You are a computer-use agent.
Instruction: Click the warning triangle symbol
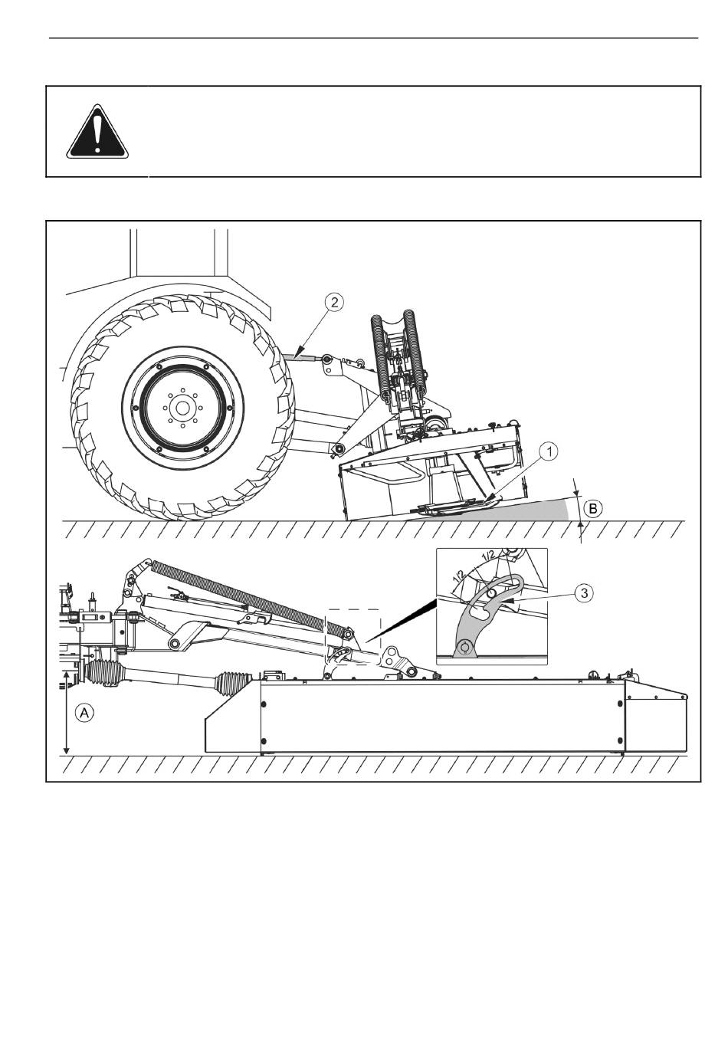[x=97, y=132]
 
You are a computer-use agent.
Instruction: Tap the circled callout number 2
[x=334, y=302]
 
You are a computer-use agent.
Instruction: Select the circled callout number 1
[x=549, y=451]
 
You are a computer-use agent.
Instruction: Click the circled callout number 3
[x=584, y=593]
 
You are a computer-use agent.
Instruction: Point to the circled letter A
[x=84, y=713]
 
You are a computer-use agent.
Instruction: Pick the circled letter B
[x=593, y=508]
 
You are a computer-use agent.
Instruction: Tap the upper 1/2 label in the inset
[x=488, y=555]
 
